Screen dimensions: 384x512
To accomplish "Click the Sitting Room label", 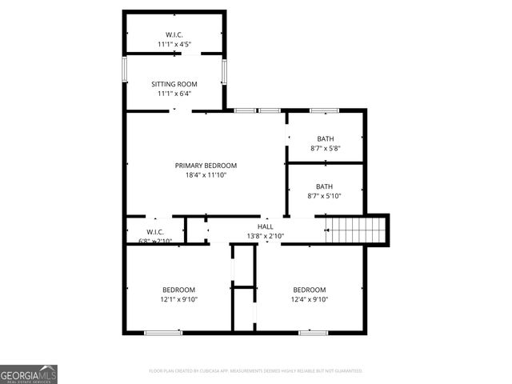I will tap(174, 84).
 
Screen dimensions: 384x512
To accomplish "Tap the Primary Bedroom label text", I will tap(206, 166).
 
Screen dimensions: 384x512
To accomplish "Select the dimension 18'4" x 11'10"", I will tap(206, 174).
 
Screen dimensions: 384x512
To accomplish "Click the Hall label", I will tap(264, 226).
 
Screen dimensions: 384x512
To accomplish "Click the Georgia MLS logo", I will tap(29, 374).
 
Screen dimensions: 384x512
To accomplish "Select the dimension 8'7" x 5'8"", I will tap(325, 148).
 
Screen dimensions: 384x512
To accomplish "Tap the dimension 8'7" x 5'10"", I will tap(325, 196).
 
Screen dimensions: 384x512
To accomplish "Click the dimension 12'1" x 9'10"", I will tap(179, 299).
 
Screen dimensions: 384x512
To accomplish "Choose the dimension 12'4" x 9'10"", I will tap(309, 299).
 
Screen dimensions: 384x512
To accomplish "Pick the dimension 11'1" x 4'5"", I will tap(174, 44).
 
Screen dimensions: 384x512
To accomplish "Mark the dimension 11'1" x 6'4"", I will tap(174, 94).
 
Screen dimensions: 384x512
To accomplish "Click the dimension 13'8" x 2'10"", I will tap(264, 236).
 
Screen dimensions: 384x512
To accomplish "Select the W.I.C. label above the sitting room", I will tap(174, 34).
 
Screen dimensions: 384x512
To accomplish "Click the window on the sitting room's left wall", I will tap(124, 70).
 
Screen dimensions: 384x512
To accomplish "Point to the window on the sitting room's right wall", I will tap(225, 70).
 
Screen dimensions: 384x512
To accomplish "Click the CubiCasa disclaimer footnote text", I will tap(256, 371).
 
